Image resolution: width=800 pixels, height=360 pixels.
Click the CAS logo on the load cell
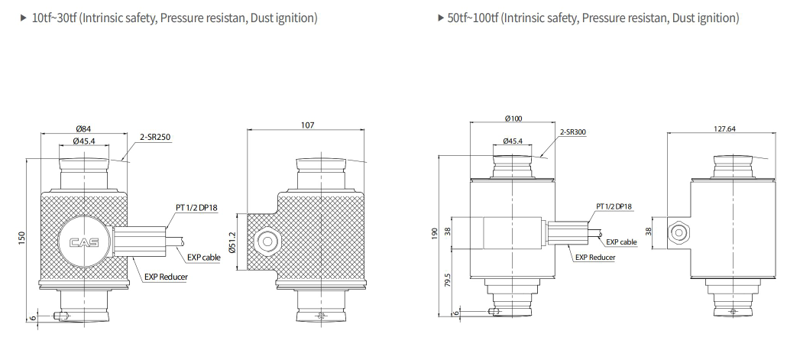[84, 243]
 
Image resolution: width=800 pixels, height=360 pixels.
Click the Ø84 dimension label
[84, 128]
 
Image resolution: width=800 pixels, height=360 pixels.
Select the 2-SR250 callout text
[155, 137]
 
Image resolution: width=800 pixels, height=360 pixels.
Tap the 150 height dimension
[21, 238]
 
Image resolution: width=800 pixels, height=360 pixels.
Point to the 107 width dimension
[308, 125]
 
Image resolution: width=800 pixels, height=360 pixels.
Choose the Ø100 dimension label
[513, 118]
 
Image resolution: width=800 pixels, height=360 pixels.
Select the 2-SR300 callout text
[573, 131]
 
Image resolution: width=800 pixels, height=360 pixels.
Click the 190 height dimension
[435, 235]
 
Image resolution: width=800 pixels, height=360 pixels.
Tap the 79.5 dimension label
[448, 281]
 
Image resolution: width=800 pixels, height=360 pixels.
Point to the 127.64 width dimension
[724, 128]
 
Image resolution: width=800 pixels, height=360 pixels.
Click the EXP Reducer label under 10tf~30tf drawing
[166, 277]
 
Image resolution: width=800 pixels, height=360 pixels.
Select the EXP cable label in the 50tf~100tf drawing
[621, 242]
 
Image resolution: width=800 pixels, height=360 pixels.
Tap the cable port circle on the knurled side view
[267, 242]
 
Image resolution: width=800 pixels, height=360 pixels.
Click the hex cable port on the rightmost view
[678, 233]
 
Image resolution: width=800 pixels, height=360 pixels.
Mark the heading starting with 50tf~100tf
[593, 18]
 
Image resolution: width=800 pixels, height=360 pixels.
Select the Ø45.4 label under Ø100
[513, 141]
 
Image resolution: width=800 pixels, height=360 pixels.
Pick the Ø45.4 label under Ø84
[84, 141]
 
